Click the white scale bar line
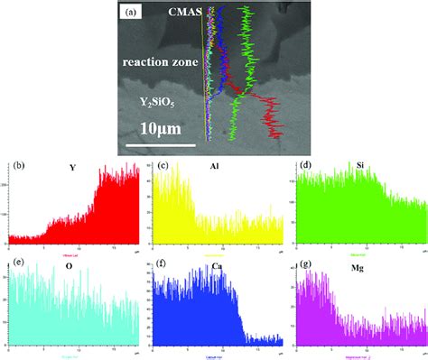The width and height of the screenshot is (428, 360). (160, 143)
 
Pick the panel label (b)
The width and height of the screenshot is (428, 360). (16, 167)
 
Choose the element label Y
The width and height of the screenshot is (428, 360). (71, 169)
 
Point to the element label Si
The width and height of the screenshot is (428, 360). (360, 169)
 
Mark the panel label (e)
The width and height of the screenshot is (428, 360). (15, 263)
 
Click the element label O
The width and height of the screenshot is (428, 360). (71, 266)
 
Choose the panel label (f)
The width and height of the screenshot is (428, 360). (163, 263)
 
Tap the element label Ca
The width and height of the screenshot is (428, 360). (215, 266)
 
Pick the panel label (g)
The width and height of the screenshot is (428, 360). (305, 263)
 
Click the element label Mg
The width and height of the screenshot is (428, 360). (358, 266)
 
